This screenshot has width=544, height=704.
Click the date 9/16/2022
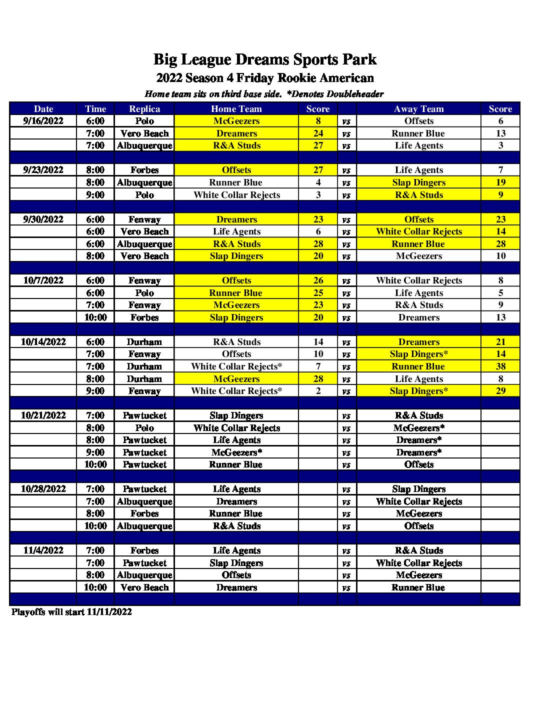(43, 121)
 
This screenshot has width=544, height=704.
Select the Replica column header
(144, 109)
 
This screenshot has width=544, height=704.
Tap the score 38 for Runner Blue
(500, 366)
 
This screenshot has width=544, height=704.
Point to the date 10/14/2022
(43, 342)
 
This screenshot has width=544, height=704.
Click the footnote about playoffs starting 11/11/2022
(71, 612)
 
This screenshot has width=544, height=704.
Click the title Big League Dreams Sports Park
(265, 59)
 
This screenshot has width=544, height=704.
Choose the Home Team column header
(236, 109)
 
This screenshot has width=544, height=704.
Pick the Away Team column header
(419, 109)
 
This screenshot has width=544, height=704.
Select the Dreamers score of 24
(318, 133)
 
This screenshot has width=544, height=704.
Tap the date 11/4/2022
(43, 550)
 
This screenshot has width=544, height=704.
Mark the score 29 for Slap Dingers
(500, 391)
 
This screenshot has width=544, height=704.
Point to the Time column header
(95, 109)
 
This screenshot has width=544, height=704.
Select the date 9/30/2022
(43, 219)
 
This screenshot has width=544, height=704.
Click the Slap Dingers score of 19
(500, 182)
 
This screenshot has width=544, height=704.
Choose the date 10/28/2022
(43, 489)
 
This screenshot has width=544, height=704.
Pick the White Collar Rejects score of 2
(318, 391)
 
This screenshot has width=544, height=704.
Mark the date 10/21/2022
(43, 415)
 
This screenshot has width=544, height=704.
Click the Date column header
(43, 109)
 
